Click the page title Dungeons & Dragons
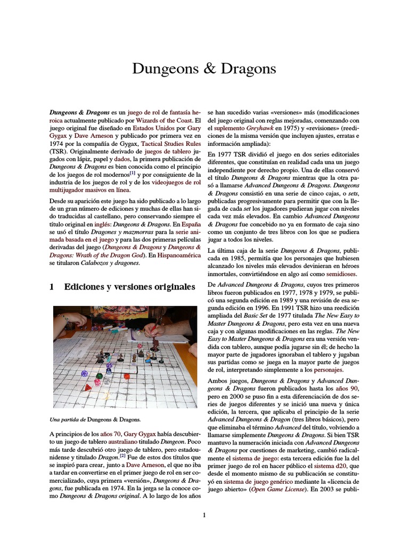pos(204,69)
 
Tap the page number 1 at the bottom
pos(204,515)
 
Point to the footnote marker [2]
pos(122,456)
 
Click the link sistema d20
pos(330,466)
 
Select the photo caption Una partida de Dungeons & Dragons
pos(94,419)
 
